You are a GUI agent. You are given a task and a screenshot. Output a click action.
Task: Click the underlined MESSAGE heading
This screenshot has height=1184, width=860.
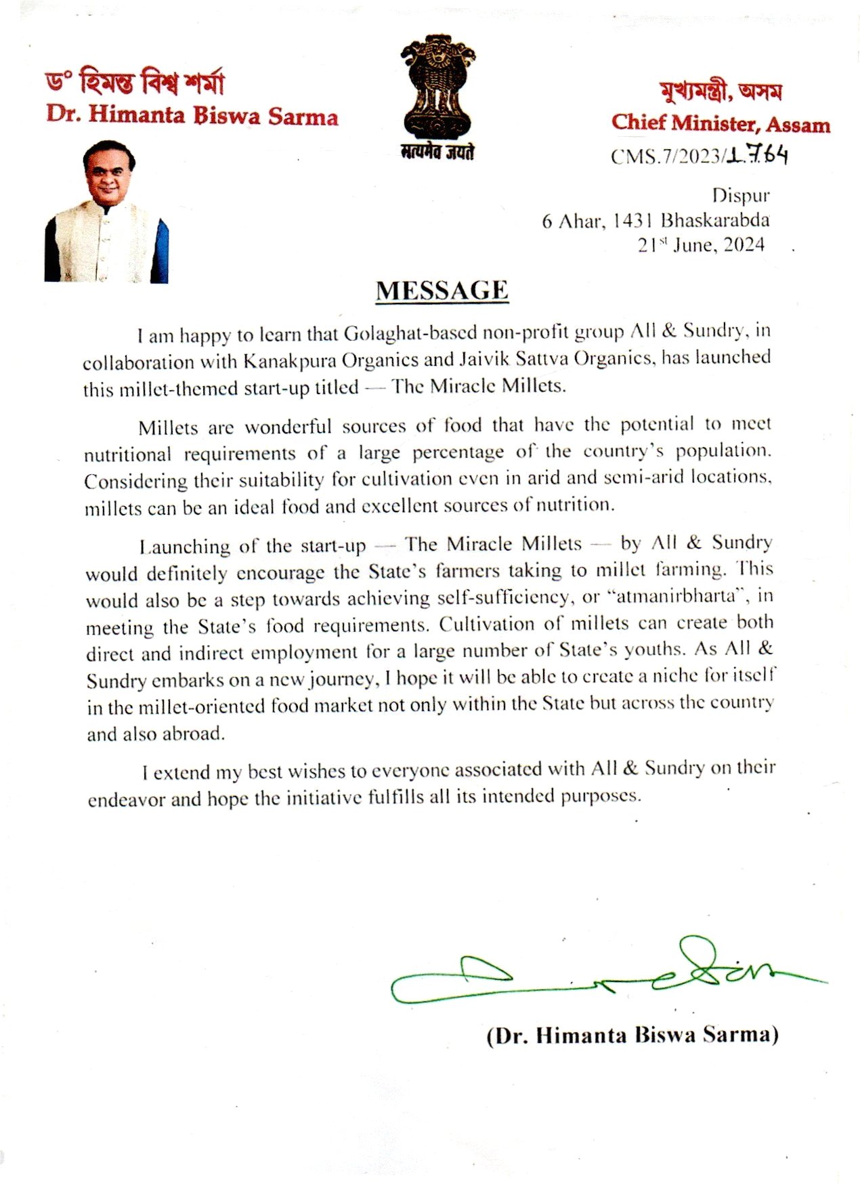pos(442,291)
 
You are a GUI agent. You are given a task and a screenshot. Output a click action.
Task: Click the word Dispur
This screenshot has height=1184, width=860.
pos(740,196)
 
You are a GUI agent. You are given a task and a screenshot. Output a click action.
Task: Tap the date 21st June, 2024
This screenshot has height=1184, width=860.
pos(701,245)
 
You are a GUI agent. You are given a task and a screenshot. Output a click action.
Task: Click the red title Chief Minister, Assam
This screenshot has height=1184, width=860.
pos(721,123)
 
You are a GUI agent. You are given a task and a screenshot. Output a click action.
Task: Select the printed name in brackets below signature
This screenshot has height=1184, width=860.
pos(632,1035)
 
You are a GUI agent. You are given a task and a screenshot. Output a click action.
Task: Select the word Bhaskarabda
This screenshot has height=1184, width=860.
pos(715,220)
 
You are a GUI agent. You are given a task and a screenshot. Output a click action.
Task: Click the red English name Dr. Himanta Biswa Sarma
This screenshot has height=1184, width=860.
pos(192,115)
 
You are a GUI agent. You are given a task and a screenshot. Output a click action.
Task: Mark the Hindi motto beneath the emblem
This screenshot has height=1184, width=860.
pos(437,152)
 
